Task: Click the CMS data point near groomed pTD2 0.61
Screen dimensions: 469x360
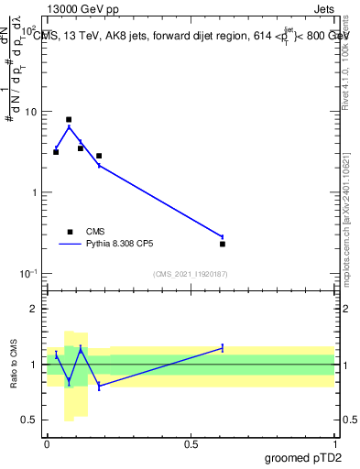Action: (x=223, y=244)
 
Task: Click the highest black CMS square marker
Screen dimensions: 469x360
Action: (x=69, y=119)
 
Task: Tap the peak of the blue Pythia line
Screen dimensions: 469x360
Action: (x=69, y=126)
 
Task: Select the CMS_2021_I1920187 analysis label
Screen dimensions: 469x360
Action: (x=190, y=274)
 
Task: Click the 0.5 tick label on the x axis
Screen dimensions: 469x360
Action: (x=191, y=444)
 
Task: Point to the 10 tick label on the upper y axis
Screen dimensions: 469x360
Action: (x=29, y=112)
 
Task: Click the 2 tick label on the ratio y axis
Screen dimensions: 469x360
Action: (x=33, y=309)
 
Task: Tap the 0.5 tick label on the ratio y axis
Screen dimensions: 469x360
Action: (x=28, y=420)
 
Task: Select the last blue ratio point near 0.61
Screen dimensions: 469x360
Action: (x=223, y=348)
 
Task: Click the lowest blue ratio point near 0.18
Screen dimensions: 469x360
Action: (x=99, y=387)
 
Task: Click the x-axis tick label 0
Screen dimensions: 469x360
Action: (x=47, y=444)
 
